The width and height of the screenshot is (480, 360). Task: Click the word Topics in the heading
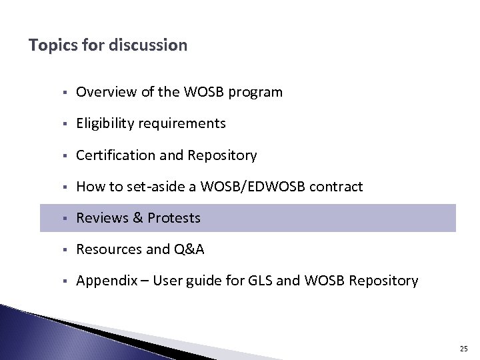pos(50,46)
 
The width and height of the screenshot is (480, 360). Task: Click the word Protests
pos(174,218)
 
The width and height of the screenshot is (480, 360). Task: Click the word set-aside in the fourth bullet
pos(163,187)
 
